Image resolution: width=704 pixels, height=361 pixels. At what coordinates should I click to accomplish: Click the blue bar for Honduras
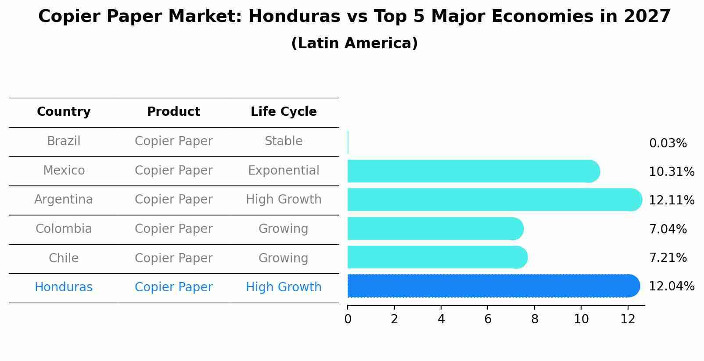click(492, 286)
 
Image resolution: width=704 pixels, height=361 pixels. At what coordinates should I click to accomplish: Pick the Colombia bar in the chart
click(435, 229)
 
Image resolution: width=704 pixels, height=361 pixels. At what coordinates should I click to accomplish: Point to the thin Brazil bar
click(348, 142)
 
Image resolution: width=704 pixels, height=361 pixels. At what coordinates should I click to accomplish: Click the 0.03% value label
click(668, 143)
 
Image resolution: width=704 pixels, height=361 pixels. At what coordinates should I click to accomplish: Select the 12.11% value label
click(671, 200)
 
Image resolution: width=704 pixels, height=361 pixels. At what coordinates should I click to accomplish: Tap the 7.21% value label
click(668, 258)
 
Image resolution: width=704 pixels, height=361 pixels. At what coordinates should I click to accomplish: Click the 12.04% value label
click(671, 286)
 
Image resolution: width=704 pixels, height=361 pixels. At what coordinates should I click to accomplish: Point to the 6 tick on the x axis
click(488, 319)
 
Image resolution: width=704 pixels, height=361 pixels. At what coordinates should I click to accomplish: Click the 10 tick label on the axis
click(581, 319)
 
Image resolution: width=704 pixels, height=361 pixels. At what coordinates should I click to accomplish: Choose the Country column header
click(64, 112)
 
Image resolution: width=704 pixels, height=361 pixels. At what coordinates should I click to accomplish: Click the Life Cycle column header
click(284, 112)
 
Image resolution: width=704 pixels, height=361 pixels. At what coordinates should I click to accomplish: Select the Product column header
click(173, 112)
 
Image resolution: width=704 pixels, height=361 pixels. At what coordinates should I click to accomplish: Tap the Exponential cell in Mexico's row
click(284, 171)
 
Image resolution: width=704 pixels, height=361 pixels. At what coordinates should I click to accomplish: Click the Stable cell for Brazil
click(284, 141)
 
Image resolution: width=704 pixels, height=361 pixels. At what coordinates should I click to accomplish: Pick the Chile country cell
click(64, 258)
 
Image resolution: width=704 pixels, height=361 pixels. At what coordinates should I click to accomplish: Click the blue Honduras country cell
click(64, 287)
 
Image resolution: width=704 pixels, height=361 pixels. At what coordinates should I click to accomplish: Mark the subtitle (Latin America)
click(354, 43)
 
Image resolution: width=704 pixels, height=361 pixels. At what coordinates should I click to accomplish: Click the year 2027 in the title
click(647, 17)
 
